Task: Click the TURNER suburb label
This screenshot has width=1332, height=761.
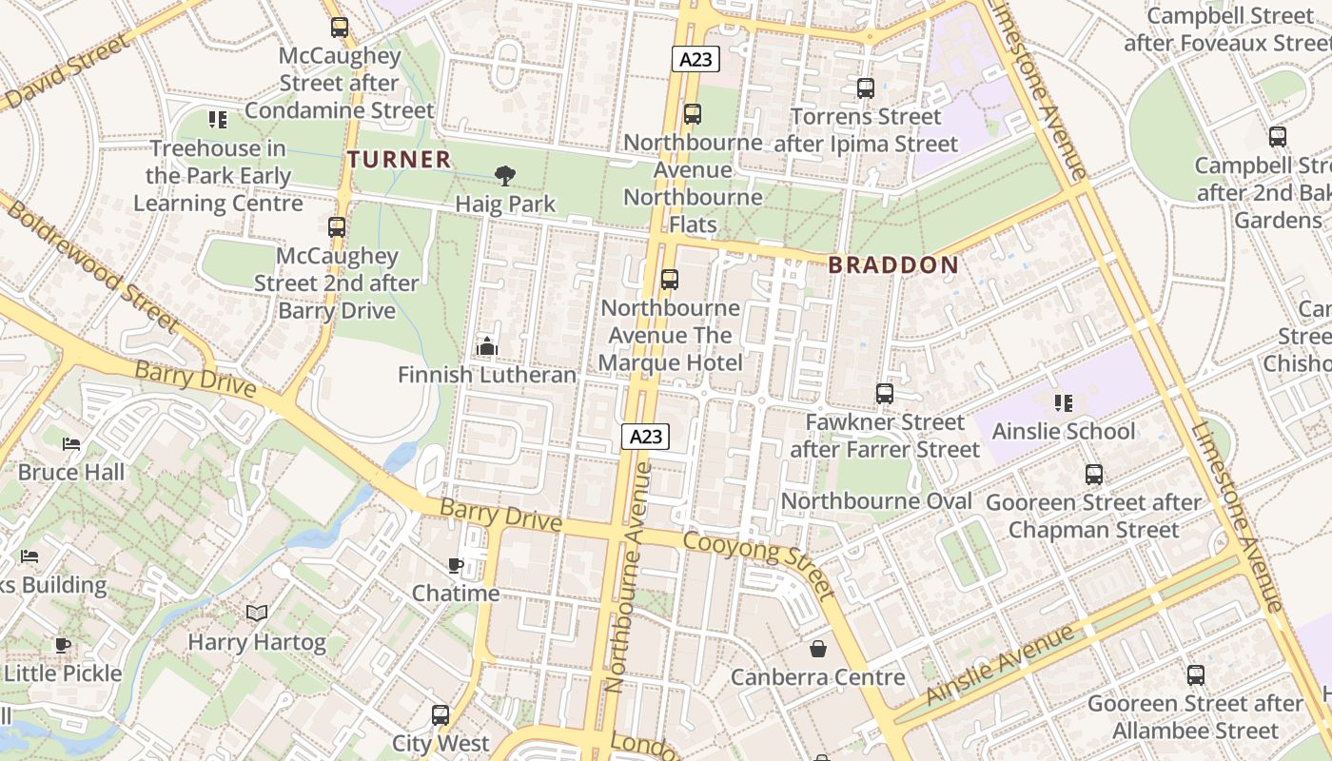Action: pyautogui.click(x=399, y=159)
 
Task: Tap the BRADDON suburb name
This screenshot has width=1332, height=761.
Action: pyautogui.click(x=892, y=264)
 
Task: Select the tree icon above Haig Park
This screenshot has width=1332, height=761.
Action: pyautogui.click(x=505, y=175)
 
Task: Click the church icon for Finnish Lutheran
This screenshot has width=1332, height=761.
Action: pyautogui.click(x=487, y=346)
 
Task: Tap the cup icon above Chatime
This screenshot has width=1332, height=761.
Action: pyautogui.click(x=456, y=566)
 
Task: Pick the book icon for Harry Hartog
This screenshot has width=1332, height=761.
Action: pyautogui.click(x=257, y=614)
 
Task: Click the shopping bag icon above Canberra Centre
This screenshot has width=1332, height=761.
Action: pyautogui.click(x=817, y=649)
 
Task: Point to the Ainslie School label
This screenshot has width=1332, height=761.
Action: pyautogui.click(x=1064, y=431)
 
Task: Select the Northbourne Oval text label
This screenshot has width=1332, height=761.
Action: pyautogui.click(x=876, y=501)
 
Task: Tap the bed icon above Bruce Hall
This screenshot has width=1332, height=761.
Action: pyautogui.click(x=71, y=443)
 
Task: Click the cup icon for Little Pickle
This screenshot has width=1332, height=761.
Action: pyautogui.click(x=63, y=645)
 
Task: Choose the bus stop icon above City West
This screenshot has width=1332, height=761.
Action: pyautogui.click(x=441, y=714)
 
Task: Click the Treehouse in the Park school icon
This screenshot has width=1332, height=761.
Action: pyautogui.click(x=218, y=120)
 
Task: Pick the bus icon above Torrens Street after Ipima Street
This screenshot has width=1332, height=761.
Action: pyautogui.click(x=866, y=88)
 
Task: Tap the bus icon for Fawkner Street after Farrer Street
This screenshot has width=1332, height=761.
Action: pyautogui.click(x=885, y=394)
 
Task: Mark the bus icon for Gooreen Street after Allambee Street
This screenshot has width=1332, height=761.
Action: pyautogui.click(x=1196, y=675)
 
